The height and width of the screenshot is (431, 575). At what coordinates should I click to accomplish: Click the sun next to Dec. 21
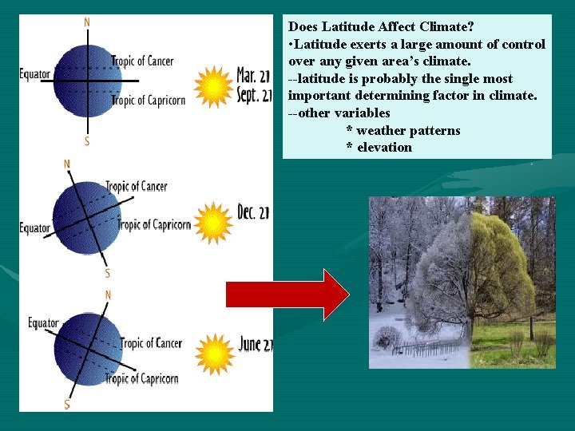[x=213, y=223]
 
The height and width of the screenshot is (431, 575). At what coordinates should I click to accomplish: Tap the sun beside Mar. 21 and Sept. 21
[x=213, y=86]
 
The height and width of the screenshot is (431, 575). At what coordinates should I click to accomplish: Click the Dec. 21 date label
[x=255, y=212]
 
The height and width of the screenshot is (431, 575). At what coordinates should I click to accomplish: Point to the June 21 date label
[x=256, y=345]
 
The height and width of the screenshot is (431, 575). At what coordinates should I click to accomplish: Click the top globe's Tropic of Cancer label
[x=142, y=61]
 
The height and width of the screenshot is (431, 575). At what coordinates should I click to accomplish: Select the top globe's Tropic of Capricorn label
[x=149, y=101]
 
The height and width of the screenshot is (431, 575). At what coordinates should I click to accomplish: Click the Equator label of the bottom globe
[x=43, y=323]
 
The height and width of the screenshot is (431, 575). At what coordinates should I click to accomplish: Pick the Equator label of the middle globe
[x=34, y=228]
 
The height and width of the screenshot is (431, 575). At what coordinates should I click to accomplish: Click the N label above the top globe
[x=87, y=22]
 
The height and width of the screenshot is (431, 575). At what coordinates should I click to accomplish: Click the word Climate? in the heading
[x=444, y=26]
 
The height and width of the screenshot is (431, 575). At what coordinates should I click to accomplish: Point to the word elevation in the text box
[x=384, y=147]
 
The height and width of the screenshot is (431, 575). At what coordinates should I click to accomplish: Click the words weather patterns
[x=408, y=130]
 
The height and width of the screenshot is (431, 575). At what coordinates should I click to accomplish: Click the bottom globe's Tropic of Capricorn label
[x=141, y=378]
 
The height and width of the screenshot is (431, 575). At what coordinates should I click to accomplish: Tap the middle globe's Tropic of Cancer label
[x=137, y=187]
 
